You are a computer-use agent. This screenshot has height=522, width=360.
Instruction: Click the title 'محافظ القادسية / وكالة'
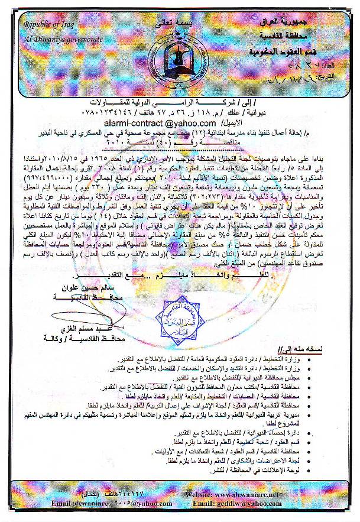78,339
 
